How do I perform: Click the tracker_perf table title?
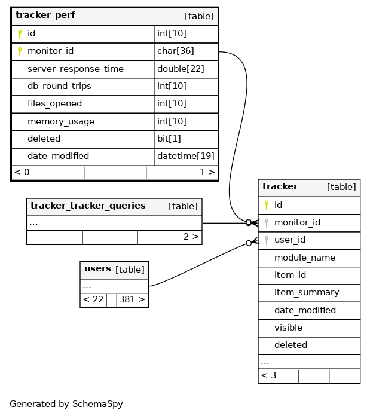pos(45,16)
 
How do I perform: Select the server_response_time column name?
pos(75,69)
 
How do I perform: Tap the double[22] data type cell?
pos(181,69)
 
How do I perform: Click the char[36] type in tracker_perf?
pos(176,51)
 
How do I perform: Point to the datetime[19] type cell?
pos(186,156)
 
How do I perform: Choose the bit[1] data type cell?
pos(169,139)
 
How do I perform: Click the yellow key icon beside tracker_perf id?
pos(20,34)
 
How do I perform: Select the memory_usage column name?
pos(61,121)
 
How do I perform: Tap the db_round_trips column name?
pos(59,86)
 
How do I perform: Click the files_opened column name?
pos(54,104)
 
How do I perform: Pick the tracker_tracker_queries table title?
pos(88,206)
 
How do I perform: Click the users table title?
pos(97,269)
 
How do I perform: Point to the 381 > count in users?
pos(132,299)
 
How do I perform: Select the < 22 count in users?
pos(93,299)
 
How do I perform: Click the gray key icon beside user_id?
pos(267,240)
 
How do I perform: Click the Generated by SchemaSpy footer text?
pos(66,404)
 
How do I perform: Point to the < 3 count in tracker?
pos(268,375)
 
